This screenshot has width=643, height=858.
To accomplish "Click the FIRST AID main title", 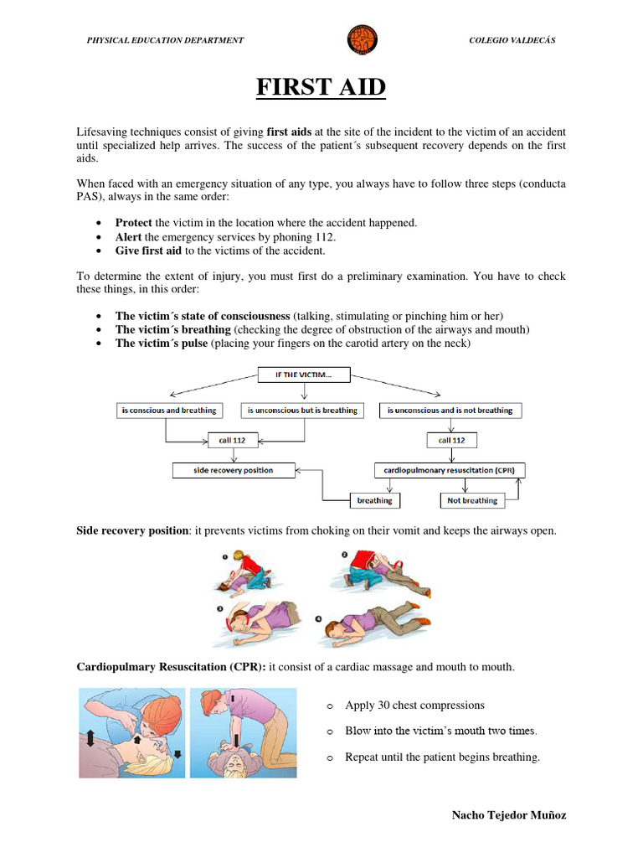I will [321, 86].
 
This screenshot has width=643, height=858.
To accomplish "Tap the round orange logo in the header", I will [362, 39].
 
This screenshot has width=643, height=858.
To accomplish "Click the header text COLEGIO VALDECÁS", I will [512, 40].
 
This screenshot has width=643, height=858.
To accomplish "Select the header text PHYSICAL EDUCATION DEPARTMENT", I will [166, 40].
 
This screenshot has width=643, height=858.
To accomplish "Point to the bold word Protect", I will [133, 223].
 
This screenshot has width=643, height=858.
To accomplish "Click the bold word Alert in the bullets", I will [128, 236].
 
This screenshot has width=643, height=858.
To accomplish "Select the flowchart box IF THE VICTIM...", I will [303, 375].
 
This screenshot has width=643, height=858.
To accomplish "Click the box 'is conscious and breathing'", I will [168, 411].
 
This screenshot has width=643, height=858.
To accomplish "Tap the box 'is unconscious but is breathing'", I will [302, 411].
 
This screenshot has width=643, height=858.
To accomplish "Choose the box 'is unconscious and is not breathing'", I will [450, 411].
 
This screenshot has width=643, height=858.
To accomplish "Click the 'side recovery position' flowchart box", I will [234, 471].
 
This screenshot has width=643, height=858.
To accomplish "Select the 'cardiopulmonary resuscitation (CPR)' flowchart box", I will [450, 471].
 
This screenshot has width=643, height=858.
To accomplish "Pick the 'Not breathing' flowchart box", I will [471, 501].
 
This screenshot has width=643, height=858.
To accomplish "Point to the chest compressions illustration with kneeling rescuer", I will [243, 732].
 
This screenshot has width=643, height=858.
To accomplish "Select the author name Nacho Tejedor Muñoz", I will [508, 815].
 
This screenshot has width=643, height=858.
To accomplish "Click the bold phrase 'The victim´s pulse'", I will [161, 344].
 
